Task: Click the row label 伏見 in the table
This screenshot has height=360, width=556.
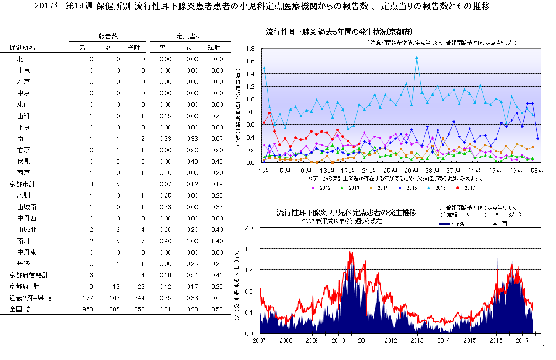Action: point(24,161)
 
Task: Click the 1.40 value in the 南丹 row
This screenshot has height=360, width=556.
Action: point(216,241)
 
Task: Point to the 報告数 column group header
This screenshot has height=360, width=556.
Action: point(108,36)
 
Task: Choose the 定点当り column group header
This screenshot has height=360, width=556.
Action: point(188,36)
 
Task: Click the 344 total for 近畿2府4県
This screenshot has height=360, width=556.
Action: point(139,298)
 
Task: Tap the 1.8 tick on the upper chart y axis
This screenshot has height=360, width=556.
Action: point(250,49)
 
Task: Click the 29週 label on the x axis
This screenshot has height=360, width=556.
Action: point(412,170)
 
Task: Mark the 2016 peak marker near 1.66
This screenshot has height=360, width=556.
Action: point(417,57)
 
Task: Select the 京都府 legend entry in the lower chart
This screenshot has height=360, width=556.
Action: point(453,224)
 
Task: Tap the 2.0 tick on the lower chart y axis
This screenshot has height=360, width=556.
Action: point(248,228)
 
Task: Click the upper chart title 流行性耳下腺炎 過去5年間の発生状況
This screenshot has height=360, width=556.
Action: point(340,32)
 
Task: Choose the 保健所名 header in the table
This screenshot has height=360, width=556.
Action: point(22,48)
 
